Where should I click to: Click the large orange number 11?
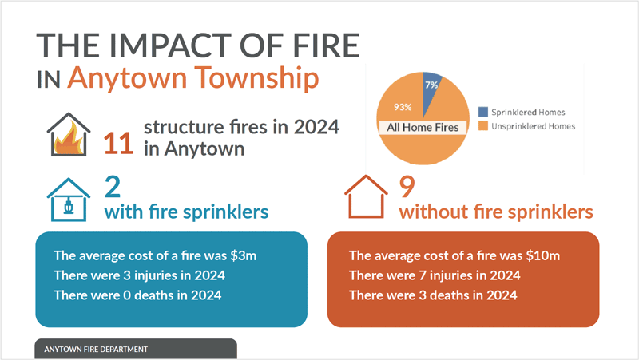(121, 141)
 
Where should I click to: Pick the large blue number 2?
(112, 187)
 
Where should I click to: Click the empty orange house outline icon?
(367, 197)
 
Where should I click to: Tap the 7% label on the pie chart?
(431, 84)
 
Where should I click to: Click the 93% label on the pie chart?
(403, 106)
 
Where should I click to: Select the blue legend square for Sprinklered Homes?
(482, 113)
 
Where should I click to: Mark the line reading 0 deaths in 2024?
(137, 295)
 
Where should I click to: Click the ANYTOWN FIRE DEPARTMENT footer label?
(96, 350)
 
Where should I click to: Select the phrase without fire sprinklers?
(495, 212)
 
